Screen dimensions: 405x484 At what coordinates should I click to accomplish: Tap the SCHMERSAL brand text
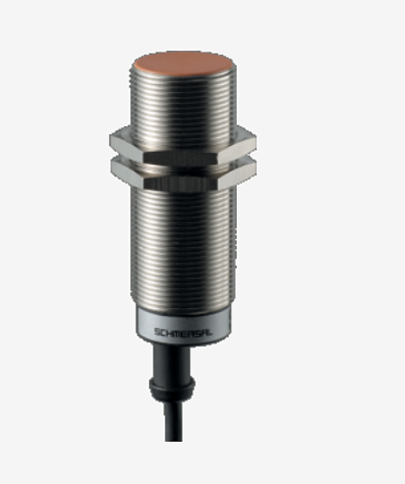184,332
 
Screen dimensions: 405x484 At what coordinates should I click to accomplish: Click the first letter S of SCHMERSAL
157,332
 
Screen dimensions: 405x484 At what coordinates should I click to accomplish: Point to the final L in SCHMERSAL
210,332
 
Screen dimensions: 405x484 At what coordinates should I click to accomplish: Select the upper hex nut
183,144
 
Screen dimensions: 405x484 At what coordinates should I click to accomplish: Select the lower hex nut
183,172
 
